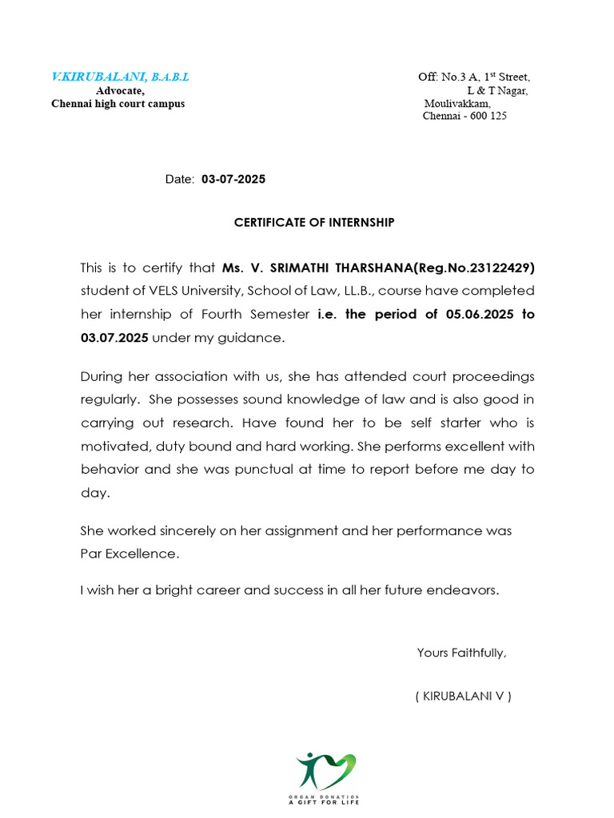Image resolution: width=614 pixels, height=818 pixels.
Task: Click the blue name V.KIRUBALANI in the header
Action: pyautogui.click(x=98, y=77)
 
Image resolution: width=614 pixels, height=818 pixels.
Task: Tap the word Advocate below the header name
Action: pyautogui.click(x=120, y=90)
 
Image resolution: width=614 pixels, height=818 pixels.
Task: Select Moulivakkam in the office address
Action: pyautogui.click(x=457, y=103)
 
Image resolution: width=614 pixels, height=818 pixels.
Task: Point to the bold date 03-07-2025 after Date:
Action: pyautogui.click(x=233, y=180)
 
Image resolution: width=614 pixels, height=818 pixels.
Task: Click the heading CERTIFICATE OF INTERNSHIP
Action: pyautogui.click(x=314, y=223)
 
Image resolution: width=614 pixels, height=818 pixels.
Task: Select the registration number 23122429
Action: pyautogui.click(x=498, y=267)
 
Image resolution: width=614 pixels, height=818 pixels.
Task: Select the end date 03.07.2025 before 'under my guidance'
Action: pyautogui.click(x=114, y=338)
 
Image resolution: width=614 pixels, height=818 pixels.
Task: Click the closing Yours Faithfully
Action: pyautogui.click(x=461, y=653)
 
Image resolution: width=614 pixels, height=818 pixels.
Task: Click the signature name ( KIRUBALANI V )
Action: pyautogui.click(x=464, y=696)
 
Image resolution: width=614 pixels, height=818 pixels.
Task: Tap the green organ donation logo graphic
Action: pyautogui.click(x=325, y=771)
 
